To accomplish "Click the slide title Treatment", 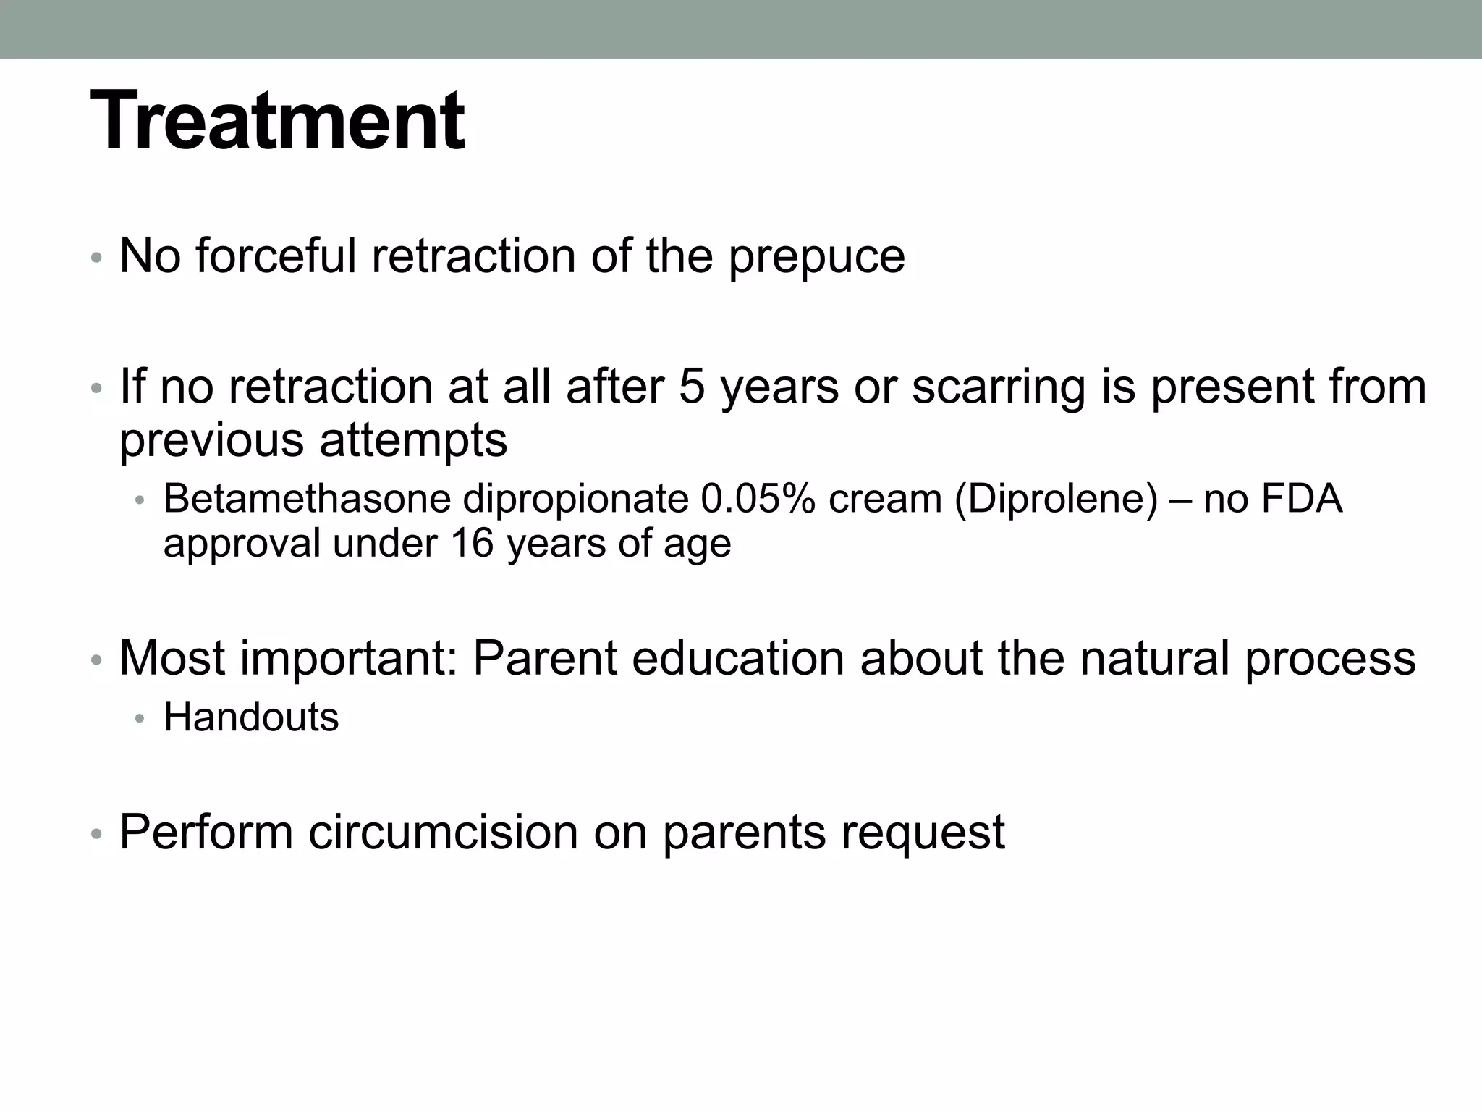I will [x=277, y=121].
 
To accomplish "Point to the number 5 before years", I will [x=692, y=387].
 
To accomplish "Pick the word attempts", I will [x=413, y=442].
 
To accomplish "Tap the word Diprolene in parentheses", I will [x=1057, y=500].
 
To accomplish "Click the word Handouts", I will [x=251, y=717].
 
